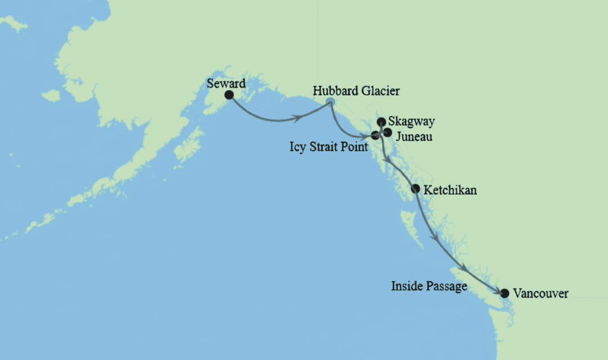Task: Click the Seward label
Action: point(226,83)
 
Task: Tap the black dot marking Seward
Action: point(229,94)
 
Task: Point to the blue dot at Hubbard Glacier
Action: point(330,102)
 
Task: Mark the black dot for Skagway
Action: point(381,121)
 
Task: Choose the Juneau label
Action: point(414,136)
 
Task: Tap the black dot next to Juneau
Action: point(387,132)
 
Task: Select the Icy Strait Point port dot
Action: point(375,135)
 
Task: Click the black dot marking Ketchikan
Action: point(415,188)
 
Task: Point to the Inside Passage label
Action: point(429,287)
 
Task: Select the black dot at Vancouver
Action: point(504,293)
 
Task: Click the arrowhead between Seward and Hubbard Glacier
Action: point(295,119)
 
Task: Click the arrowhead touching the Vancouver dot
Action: point(498,290)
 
